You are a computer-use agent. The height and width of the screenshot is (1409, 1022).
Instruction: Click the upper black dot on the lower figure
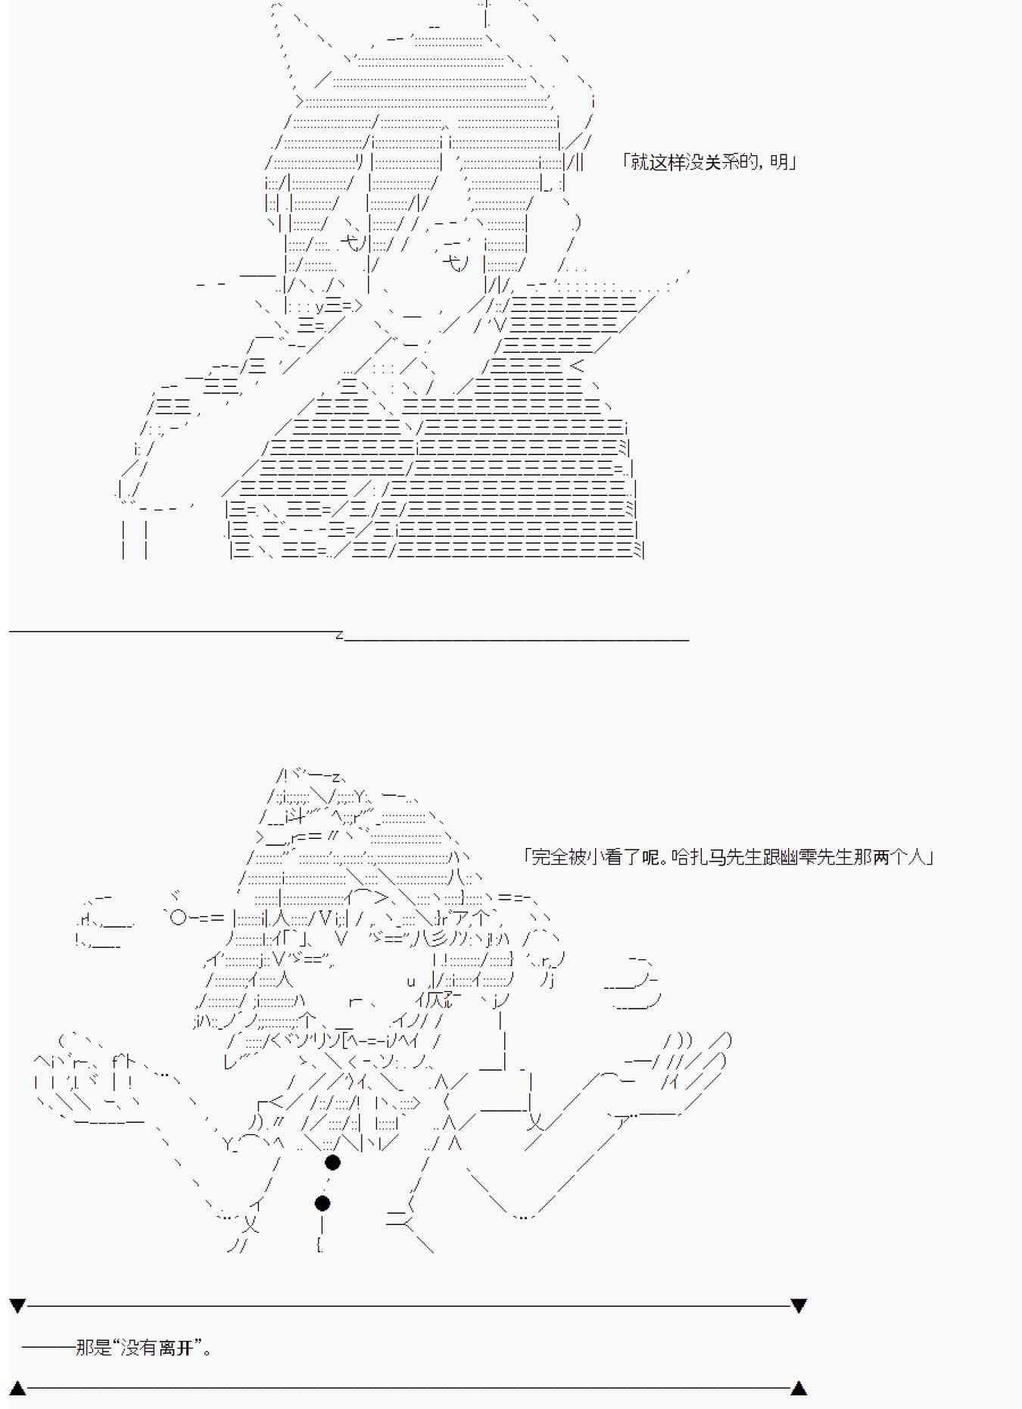pos(332,1162)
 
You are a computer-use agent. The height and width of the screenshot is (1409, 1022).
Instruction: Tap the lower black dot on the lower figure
pos(322,1203)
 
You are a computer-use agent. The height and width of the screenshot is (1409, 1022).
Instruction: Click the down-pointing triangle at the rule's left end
pos(17,1306)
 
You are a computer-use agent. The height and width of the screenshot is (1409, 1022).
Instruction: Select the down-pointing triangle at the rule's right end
pos(799,1306)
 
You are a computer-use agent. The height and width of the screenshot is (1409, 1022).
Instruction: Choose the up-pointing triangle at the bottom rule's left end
pos(17,1388)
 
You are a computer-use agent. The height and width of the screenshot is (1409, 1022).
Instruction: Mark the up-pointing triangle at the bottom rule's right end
pos(799,1388)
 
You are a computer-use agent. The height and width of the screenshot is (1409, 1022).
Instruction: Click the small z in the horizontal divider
pos(339,635)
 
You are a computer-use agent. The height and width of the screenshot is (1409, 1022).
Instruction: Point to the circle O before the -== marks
pos(178,918)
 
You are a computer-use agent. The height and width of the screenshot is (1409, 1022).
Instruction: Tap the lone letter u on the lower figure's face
pos(411,982)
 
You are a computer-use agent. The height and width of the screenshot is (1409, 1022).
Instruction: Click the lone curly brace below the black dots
pos(320,1243)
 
